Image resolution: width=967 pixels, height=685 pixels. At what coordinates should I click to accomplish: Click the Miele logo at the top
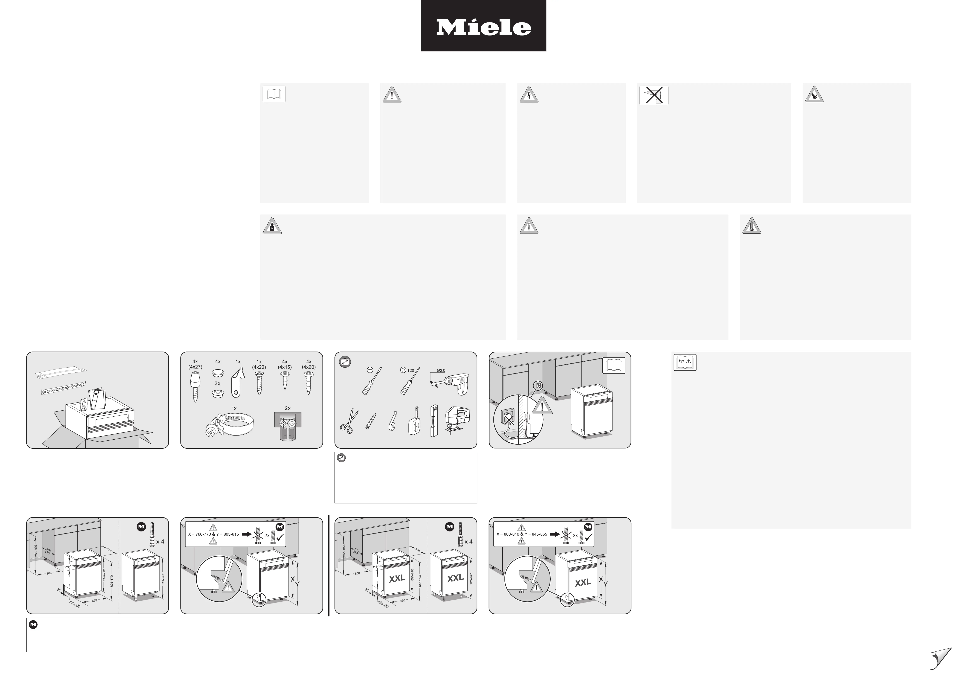[483, 26]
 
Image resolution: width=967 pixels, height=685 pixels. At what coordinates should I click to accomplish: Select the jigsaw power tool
[457, 418]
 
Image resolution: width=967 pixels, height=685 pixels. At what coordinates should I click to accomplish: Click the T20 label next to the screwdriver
[410, 370]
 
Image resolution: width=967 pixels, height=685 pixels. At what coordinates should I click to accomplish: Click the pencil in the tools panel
[371, 421]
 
